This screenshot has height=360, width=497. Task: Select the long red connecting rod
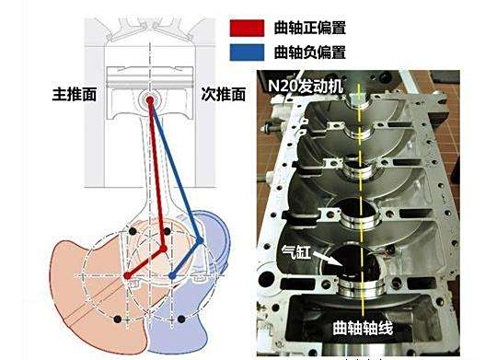pyautogui.click(x=156, y=175)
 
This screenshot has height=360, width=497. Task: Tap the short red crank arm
pyautogui.click(x=145, y=261)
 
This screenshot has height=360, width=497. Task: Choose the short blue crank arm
pyautogui.click(x=186, y=258)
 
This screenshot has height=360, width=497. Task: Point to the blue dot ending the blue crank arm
pyautogui.click(x=172, y=275)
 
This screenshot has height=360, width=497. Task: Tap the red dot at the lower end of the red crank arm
pyautogui.click(x=126, y=274)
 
